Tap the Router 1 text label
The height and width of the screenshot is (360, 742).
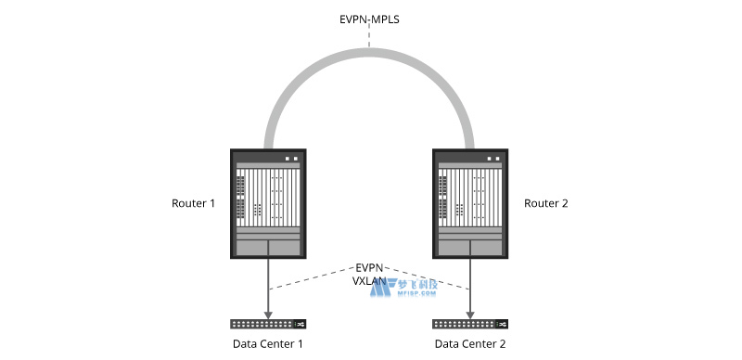(x=193, y=203)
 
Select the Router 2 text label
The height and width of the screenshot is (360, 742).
(x=546, y=203)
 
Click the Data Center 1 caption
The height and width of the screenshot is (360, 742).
(x=268, y=344)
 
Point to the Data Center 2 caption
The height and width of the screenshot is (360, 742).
(x=470, y=344)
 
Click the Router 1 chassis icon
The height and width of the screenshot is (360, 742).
(x=268, y=203)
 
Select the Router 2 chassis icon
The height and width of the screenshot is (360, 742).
(x=470, y=203)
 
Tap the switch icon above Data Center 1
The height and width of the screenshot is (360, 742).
(x=268, y=324)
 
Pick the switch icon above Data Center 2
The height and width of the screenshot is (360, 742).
(x=470, y=324)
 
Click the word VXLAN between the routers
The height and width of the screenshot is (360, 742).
(x=369, y=280)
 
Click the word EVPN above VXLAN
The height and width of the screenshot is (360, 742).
(x=369, y=267)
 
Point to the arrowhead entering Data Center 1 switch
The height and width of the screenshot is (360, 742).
(x=269, y=313)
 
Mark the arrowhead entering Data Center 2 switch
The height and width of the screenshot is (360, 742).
(x=471, y=313)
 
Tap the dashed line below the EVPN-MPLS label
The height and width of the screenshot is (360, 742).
(x=369, y=37)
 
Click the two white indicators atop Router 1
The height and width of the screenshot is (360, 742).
(x=292, y=158)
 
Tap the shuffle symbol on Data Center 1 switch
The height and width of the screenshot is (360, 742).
(x=300, y=324)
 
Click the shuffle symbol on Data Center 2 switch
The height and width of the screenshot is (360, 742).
(x=502, y=324)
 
